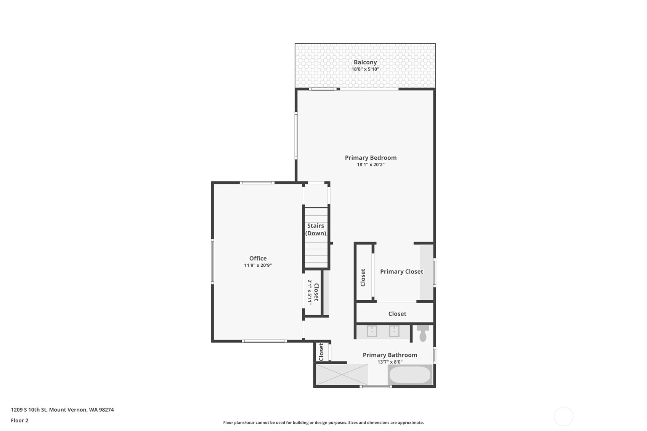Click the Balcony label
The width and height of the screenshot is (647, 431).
click(x=365, y=62)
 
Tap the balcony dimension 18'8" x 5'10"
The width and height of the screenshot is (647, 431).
click(x=365, y=69)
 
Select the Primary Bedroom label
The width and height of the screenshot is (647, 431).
click(x=371, y=158)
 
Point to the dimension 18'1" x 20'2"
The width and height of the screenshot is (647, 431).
click(x=371, y=165)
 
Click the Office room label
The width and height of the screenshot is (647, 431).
click(x=258, y=258)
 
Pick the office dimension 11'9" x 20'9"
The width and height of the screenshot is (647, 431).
click(x=258, y=266)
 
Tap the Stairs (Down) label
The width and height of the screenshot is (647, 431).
click(x=316, y=229)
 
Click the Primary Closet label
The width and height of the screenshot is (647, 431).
click(x=401, y=272)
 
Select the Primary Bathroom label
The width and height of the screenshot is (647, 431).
click(x=390, y=355)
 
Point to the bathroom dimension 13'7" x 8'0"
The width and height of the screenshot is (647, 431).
click(x=390, y=362)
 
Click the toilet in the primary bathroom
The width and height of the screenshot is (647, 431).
click(x=423, y=334)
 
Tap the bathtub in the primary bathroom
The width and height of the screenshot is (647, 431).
click(x=410, y=375)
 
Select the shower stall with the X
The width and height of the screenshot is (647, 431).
click(x=342, y=375)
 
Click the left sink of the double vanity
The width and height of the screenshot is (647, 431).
click(x=372, y=331)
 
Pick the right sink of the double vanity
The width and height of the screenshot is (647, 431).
click(x=394, y=331)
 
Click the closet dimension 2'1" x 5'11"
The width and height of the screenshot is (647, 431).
click(x=310, y=292)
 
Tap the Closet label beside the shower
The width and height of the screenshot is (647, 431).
click(x=321, y=352)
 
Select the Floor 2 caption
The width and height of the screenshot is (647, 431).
click(x=19, y=421)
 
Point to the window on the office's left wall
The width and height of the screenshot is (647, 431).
click(x=212, y=261)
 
